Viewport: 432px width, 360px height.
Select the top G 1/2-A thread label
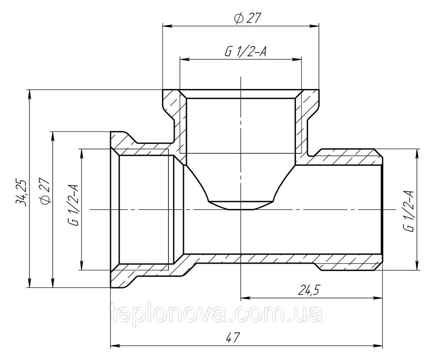click(x=245, y=51)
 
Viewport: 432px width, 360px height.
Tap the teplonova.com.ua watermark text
click(x=216, y=314)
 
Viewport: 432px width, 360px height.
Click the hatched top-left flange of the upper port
click(x=171, y=104)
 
